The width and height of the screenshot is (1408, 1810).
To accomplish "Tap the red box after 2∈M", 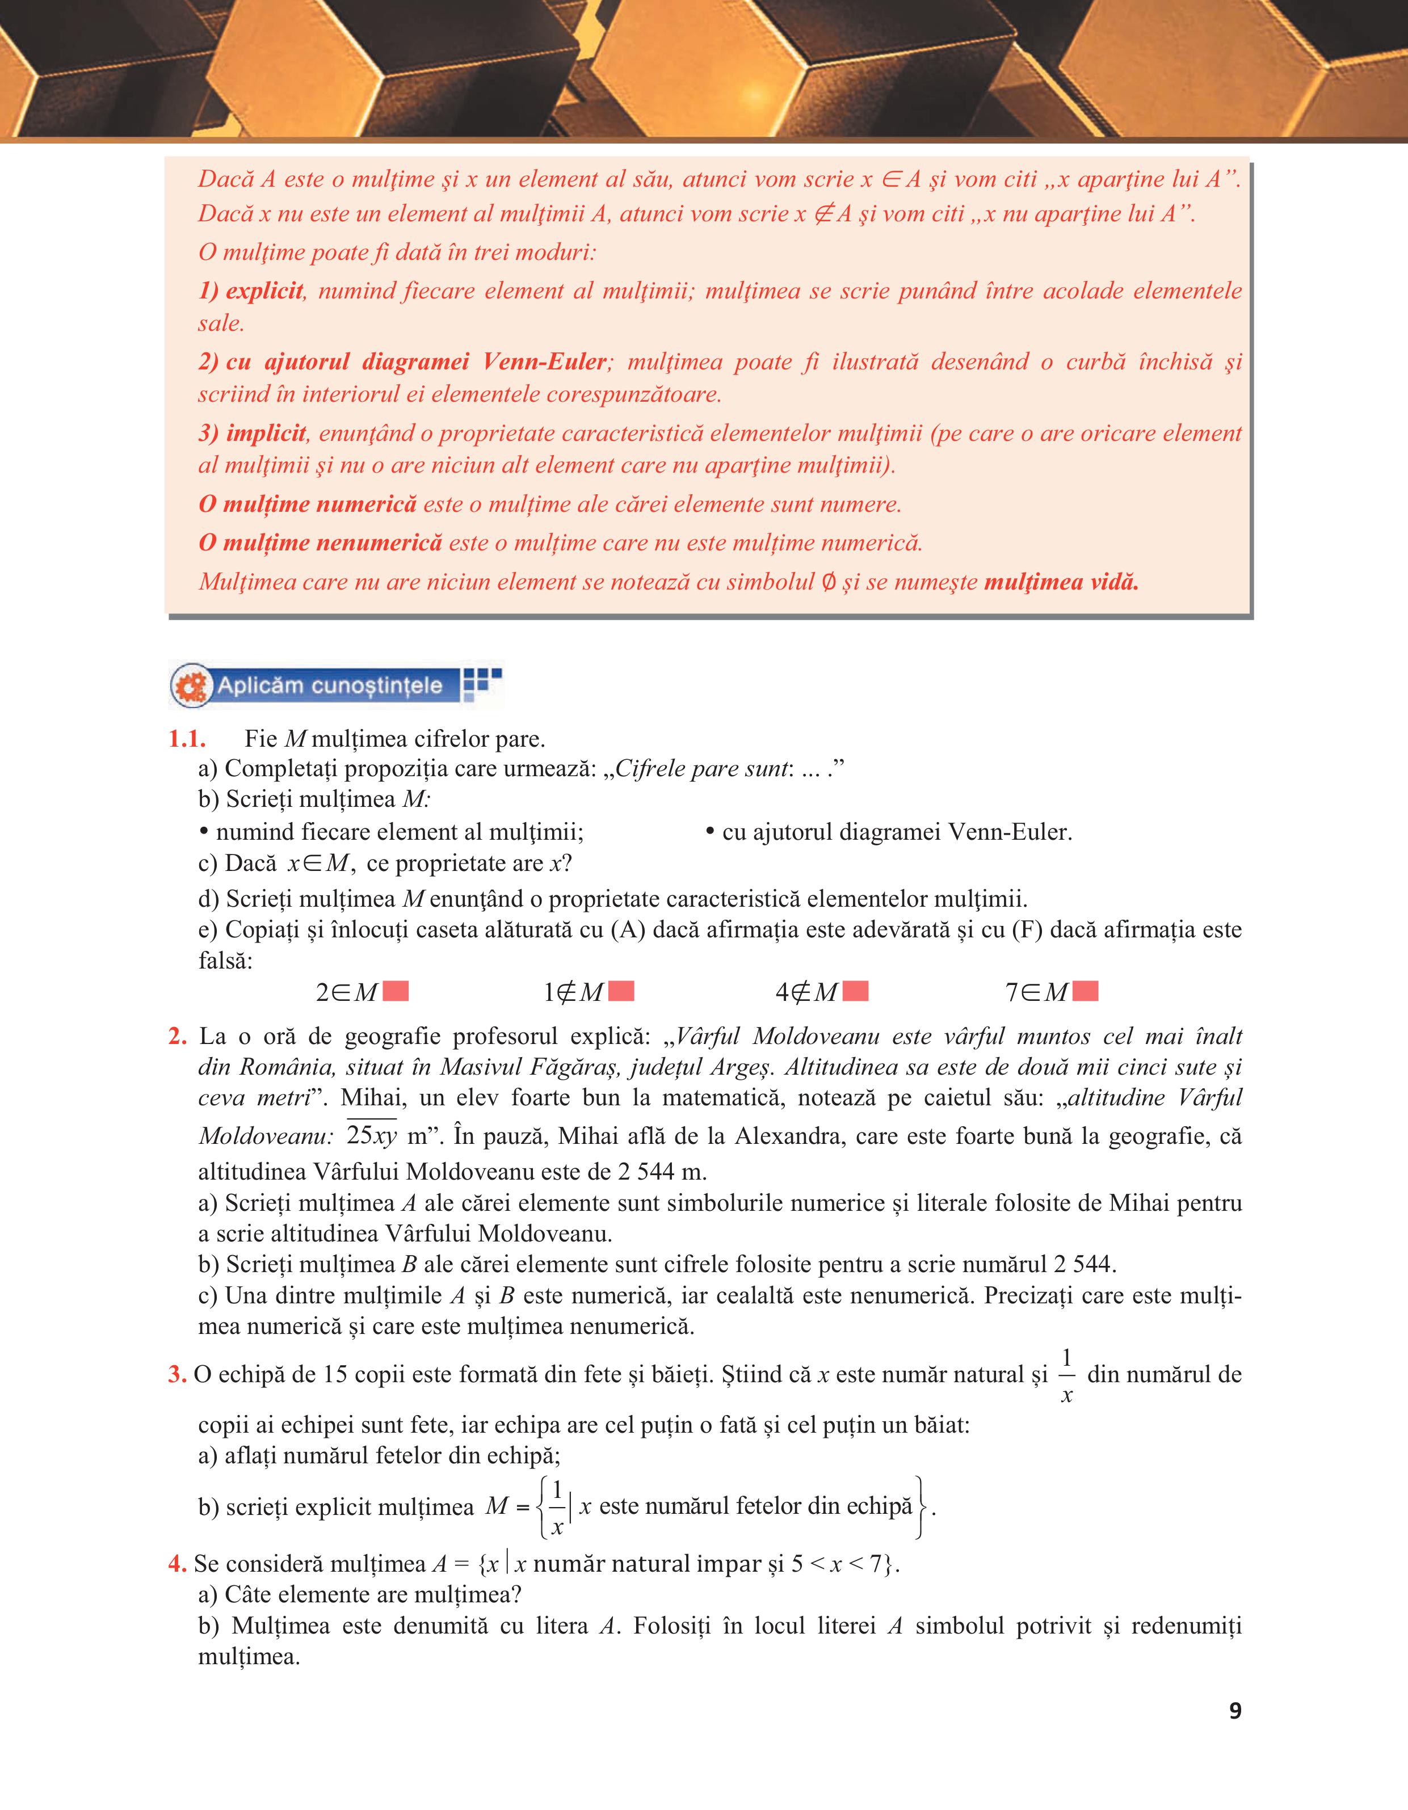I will [396, 991].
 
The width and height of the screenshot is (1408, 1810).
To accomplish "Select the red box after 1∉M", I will [621, 991].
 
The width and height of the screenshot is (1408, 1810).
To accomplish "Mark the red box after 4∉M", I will [855, 991].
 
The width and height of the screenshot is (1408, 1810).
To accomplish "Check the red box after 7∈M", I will [1085, 991].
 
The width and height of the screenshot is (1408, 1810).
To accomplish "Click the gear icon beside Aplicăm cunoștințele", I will [191, 686].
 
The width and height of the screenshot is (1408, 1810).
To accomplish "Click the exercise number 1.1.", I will [187, 739].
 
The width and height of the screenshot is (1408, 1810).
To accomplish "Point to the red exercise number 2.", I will [177, 1037].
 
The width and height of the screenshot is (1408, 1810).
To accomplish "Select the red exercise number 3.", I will [176, 1375].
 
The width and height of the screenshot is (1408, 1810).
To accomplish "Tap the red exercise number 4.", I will [176, 1564].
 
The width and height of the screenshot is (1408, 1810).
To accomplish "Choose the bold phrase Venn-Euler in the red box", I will [544, 362].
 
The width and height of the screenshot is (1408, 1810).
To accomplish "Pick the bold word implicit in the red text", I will [266, 433].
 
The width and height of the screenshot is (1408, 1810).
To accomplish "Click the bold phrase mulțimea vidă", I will [1062, 582].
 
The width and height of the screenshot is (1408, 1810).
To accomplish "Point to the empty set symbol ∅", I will [828, 582].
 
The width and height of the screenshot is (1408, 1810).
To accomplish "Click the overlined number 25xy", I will [372, 1135].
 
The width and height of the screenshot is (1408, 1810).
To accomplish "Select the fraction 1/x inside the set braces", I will [557, 1506].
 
